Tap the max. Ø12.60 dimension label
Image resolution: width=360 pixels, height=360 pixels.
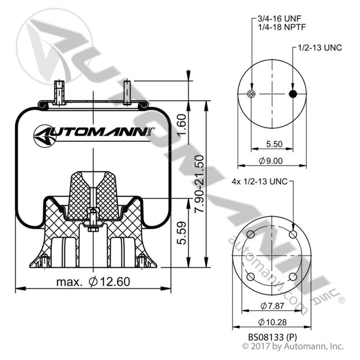click(x=93, y=281)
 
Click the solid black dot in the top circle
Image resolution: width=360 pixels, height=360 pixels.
click(x=292, y=95)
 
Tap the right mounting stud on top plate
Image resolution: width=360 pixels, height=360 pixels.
click(x=127, y=92)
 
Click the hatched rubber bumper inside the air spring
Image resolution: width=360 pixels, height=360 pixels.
click(x=93, y=194)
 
